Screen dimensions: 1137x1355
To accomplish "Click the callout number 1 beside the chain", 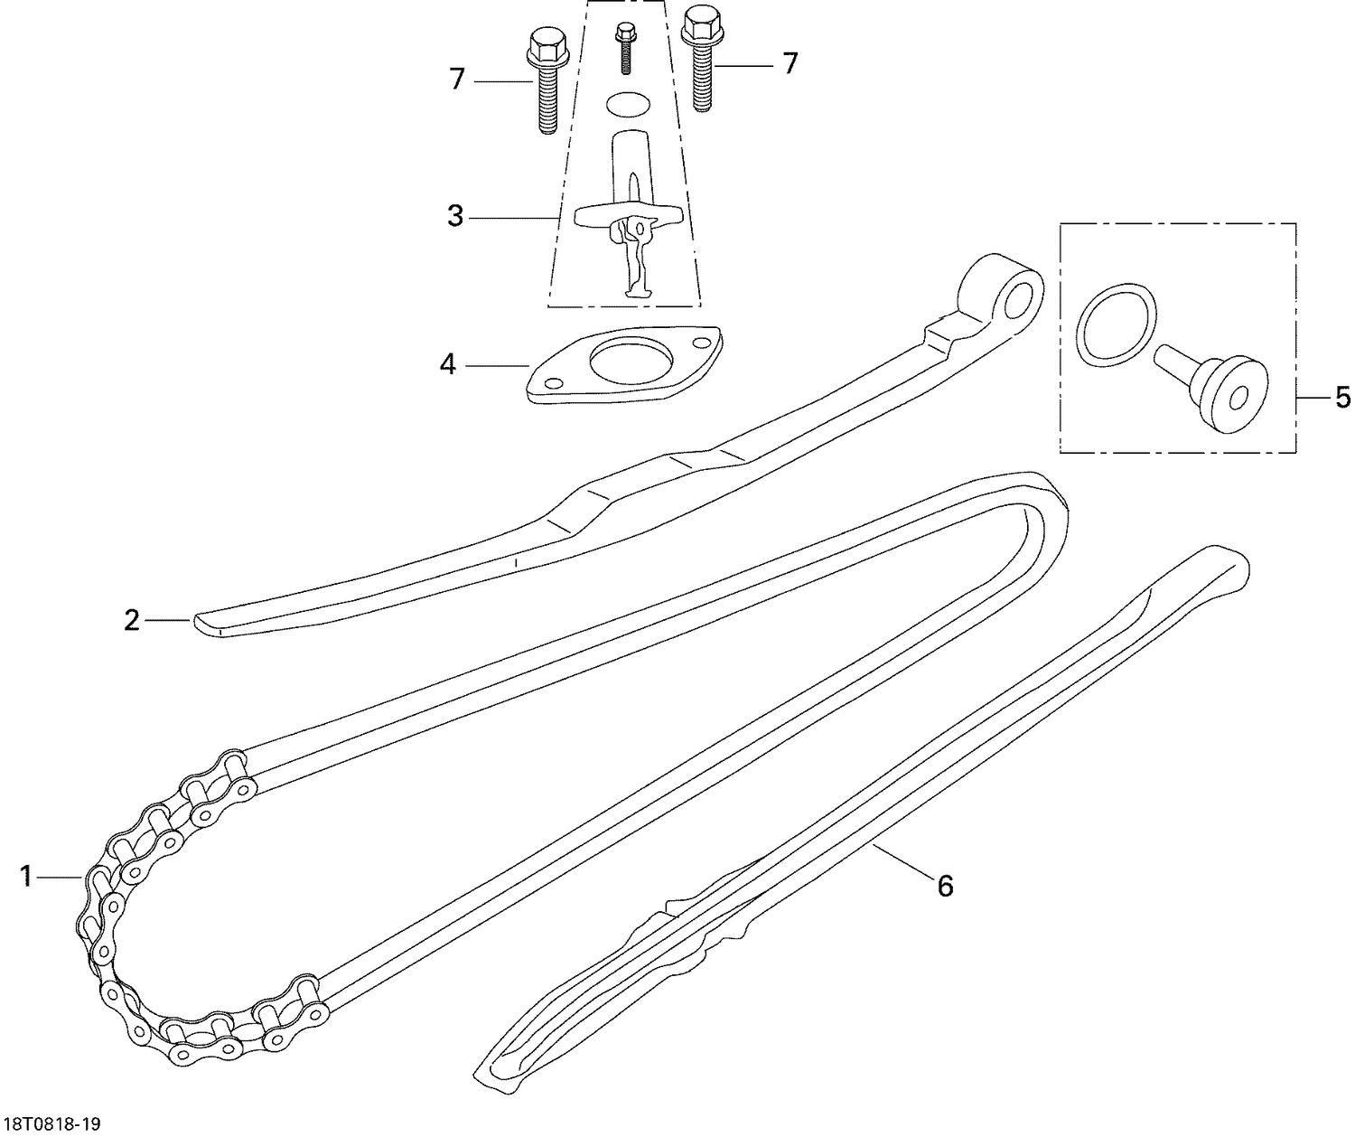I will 27,876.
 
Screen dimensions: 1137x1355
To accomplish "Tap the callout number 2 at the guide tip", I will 133,621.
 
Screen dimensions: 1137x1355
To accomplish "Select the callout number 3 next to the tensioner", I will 455,216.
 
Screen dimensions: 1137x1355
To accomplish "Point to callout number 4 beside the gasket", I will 448,365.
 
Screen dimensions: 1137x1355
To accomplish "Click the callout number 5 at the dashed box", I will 1342,397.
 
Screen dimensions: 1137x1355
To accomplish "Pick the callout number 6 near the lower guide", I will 945,887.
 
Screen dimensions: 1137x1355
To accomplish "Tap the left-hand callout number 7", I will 457,80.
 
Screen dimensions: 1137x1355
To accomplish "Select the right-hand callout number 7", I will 790,63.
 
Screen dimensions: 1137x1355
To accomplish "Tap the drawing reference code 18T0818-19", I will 51,1124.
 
